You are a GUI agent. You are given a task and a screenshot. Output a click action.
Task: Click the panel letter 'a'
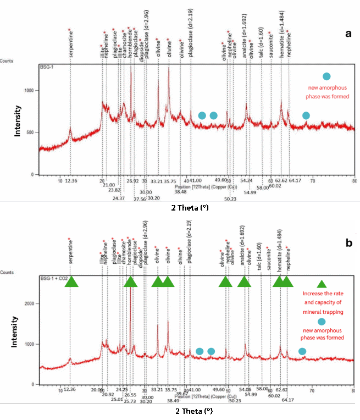347,34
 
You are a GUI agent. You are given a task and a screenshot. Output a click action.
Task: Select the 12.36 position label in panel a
71,180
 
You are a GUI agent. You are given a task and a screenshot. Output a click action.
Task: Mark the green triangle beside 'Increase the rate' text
322,284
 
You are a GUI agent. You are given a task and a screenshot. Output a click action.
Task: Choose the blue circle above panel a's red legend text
326,76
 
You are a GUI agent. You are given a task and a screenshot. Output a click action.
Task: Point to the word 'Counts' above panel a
7,61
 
